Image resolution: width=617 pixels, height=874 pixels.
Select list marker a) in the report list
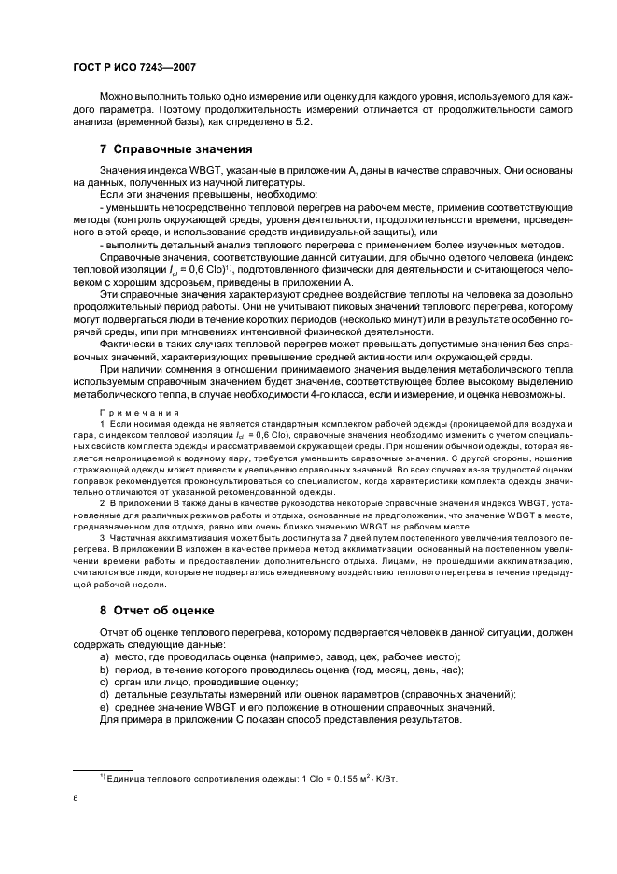click(x=105, y=656)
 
